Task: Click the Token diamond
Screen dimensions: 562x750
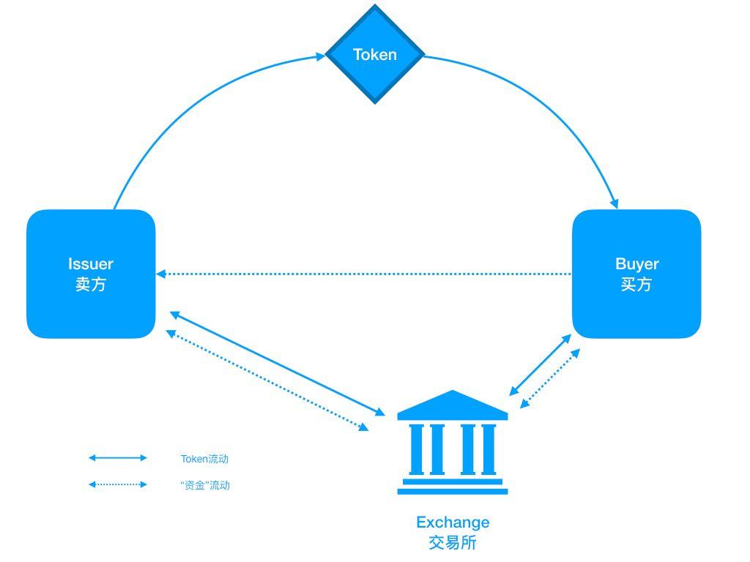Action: coord(375,54)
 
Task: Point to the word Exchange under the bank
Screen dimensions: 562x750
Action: coord(453,522)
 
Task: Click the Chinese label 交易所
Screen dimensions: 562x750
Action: coord(453,543)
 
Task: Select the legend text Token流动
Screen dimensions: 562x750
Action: coord(204,459)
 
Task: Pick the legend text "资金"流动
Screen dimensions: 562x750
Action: coord(205,485)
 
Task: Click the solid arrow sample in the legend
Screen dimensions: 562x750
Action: coord(118,458)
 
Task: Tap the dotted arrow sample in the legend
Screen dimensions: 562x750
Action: coord(118,484)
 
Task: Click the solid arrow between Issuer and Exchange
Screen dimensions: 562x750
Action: coord(278,364)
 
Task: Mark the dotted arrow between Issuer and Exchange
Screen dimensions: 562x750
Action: coord(267,381)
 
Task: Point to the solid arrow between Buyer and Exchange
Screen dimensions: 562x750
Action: coord(541,365)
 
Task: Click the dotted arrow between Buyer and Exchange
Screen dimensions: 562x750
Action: coord(550,378)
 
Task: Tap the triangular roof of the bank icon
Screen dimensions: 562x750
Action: coord(452,405)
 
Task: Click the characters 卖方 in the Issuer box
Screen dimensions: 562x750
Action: coord(91,285)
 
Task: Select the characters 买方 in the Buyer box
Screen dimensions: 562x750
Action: coord(636,285)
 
